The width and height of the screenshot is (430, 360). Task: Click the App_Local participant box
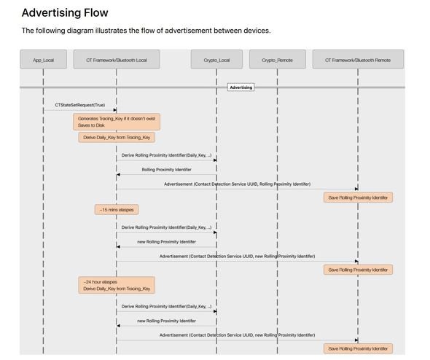[43, 59]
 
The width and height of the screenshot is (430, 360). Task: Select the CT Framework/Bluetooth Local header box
[117, 59]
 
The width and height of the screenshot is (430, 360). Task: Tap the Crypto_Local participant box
[216, 59]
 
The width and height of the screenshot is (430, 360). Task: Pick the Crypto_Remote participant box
[278, 59]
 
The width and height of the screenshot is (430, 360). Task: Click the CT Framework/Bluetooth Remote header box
[358, 59]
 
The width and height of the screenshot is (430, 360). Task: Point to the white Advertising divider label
[241, 87]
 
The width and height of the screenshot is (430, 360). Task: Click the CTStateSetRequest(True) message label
[80, 105]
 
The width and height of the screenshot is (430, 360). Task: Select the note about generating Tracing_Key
[117, 122]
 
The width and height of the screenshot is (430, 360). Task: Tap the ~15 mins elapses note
[117, 210]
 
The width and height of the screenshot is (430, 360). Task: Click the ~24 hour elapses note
[117, 285]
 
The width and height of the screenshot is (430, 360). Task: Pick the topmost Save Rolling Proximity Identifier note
[358, 197]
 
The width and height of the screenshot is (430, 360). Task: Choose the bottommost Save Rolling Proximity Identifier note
[358, 348]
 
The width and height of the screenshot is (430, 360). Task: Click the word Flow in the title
[96, 12]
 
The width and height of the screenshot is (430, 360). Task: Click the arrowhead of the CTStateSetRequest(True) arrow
[115, 110]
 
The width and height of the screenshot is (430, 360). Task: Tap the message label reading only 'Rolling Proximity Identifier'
[166, 170]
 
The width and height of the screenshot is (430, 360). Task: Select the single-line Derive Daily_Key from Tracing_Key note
[117, 137]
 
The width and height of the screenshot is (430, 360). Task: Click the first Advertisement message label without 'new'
[237, 184]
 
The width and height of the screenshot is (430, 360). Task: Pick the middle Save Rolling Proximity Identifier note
[358, 270]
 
